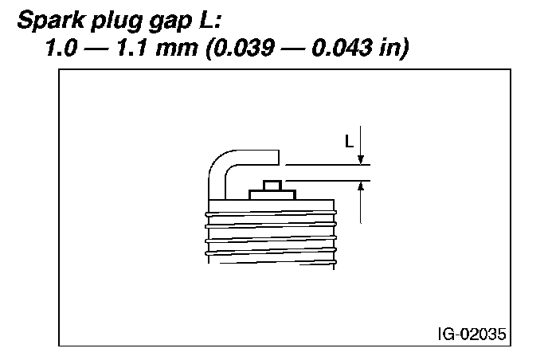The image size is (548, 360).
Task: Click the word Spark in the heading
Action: [x=51, y=20]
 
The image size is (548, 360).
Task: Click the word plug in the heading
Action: [x=116, y=22]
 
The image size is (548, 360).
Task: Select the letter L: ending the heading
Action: [x=207, y=20]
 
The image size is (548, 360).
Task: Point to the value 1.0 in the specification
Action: [x=61, y=47]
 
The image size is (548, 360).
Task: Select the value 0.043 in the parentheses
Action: [x=342, y=47]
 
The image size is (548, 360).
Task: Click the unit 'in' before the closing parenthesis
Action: [x=389, y=47]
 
